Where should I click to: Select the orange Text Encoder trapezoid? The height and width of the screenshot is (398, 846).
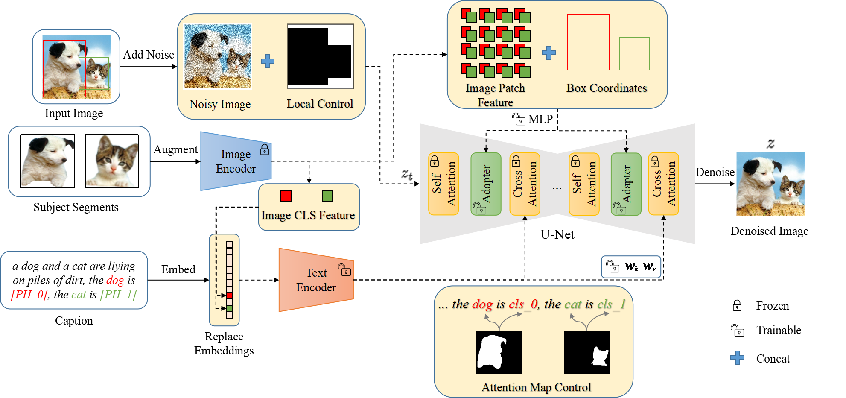(x=316, y=280)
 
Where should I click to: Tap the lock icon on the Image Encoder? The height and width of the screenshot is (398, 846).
(x=265, y=150)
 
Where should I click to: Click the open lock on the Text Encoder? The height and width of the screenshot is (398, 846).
(x=344, y=270)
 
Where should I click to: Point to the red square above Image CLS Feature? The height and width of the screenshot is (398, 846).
(x=286, y=196)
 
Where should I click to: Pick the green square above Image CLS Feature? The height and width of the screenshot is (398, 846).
(x=327, y=196)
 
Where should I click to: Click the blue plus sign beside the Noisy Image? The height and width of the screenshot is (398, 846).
(x=268, y=61)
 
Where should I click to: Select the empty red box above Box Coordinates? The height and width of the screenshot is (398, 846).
(x=588, y=42)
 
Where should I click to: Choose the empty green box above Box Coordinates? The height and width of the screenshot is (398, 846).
(x=634, y=54)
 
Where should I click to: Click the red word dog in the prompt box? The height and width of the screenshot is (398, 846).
(x=115, y=280)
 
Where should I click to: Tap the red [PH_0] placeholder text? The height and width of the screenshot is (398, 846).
(x=29, y=295)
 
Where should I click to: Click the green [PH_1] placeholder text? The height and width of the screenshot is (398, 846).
(x=118, y=295)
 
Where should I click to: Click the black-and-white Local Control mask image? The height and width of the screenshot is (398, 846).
(x=320, y=56)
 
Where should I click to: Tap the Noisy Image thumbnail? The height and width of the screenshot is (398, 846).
(x=218, y=56)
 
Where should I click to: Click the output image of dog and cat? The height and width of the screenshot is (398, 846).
(x=770, y=183)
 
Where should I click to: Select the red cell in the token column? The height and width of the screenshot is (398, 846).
(x=230, y=296)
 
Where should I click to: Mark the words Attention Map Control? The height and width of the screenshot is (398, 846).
(x=536, y=387)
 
